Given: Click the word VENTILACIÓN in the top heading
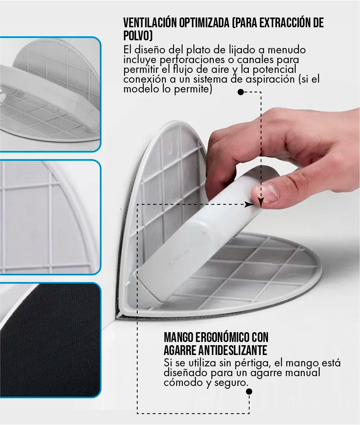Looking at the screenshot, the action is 150,23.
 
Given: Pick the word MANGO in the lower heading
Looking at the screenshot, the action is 178,337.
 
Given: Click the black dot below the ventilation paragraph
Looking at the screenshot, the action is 240,92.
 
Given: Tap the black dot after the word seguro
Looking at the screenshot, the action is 249,392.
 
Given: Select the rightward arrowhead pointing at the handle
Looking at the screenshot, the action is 248,205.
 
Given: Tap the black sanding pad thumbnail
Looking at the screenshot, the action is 50,340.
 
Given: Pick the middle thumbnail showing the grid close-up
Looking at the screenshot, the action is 50,217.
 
